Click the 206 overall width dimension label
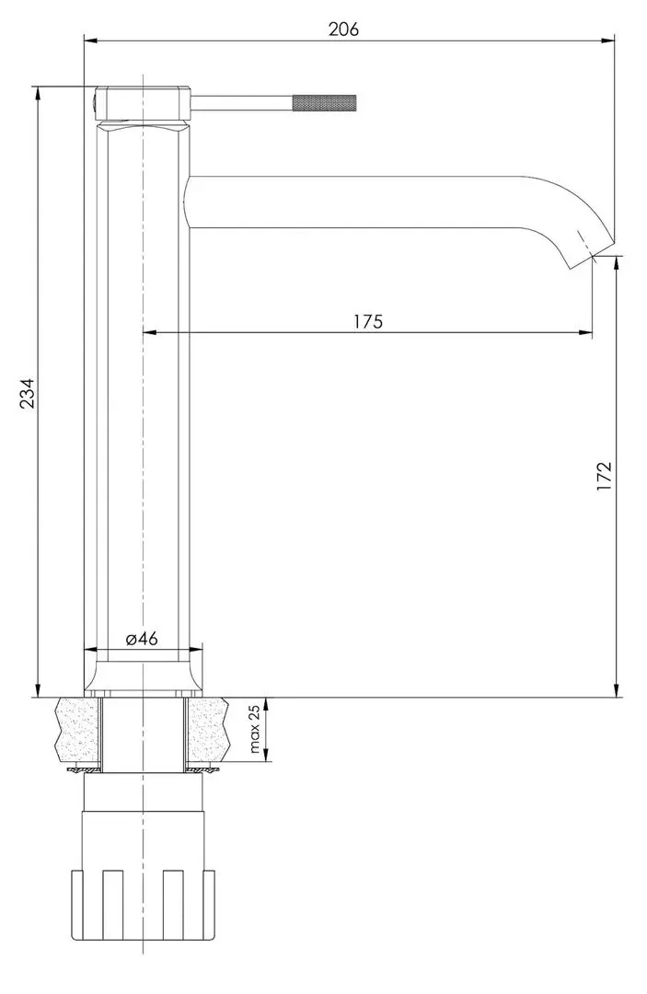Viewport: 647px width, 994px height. coord(342,29)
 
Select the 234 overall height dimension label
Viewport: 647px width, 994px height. coord(27,393)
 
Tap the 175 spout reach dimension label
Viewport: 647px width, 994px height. coord(366,321)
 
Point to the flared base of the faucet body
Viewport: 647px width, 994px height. coord(143,676)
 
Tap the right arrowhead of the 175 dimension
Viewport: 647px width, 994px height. coord(586,332)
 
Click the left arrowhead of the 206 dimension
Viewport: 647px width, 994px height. coord(89,40)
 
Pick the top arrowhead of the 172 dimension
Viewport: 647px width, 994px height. coord(616,262)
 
